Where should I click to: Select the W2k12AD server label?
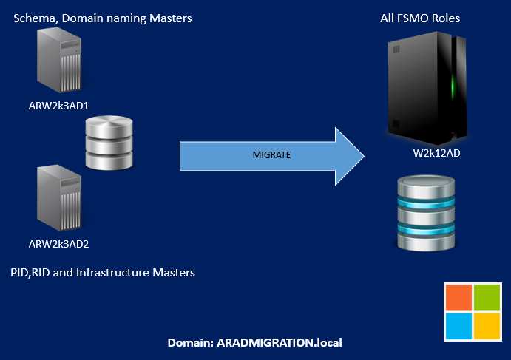pyautogui.click(x=432, y=152)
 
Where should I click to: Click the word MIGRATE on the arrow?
pyautogui.click(x=271, y=155)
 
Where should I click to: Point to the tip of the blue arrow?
pyautogui.click(x=364, y=155)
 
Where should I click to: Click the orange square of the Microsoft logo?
pyautogui.click(x=458, y=296)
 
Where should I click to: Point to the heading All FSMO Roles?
pyautogui.click(x=415, y=18)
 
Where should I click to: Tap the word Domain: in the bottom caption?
pyautogui.click(x=191, y=343)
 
